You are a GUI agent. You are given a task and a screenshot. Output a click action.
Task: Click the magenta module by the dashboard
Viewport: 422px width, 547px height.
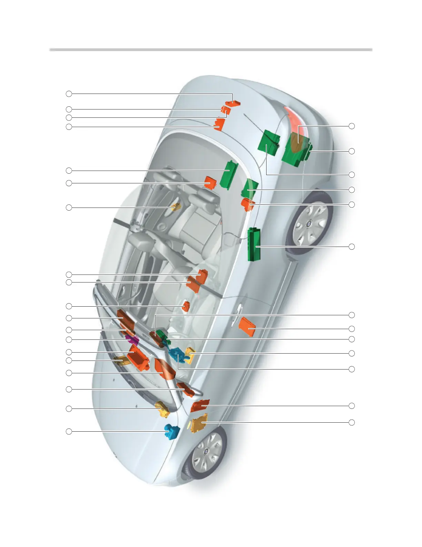click(x=133, y=340)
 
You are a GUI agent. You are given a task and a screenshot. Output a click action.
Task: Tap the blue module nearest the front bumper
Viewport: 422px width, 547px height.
click(x=172, y=432)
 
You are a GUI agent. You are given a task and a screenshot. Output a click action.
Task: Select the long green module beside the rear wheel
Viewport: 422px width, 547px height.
click(x=254, y=244)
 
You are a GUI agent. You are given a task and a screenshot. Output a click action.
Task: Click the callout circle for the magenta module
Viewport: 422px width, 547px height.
click(x=69, y=340)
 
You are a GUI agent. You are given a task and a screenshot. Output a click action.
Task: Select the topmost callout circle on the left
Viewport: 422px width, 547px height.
click(x=69, y=94)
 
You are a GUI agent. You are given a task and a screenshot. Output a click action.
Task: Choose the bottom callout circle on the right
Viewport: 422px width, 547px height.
click(x=352, y=422)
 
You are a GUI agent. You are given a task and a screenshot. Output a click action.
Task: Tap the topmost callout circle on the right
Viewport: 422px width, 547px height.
click(x=352, y=126)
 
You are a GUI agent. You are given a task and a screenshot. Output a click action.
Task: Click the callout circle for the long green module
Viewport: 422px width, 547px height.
click(x=352, y=247)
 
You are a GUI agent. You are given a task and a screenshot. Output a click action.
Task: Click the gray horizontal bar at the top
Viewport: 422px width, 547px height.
click(x=211, y=50)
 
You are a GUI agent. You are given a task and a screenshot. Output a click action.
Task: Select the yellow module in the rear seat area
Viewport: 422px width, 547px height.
click(x=176, y=207)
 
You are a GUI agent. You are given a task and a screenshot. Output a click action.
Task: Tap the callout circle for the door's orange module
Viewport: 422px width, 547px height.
click(x=352, y=329)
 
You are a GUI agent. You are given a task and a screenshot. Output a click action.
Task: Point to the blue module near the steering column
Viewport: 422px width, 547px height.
click(x=177, y=355)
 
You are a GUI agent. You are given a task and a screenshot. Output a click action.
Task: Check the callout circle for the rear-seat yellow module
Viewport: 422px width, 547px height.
click(x=69, y=208)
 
